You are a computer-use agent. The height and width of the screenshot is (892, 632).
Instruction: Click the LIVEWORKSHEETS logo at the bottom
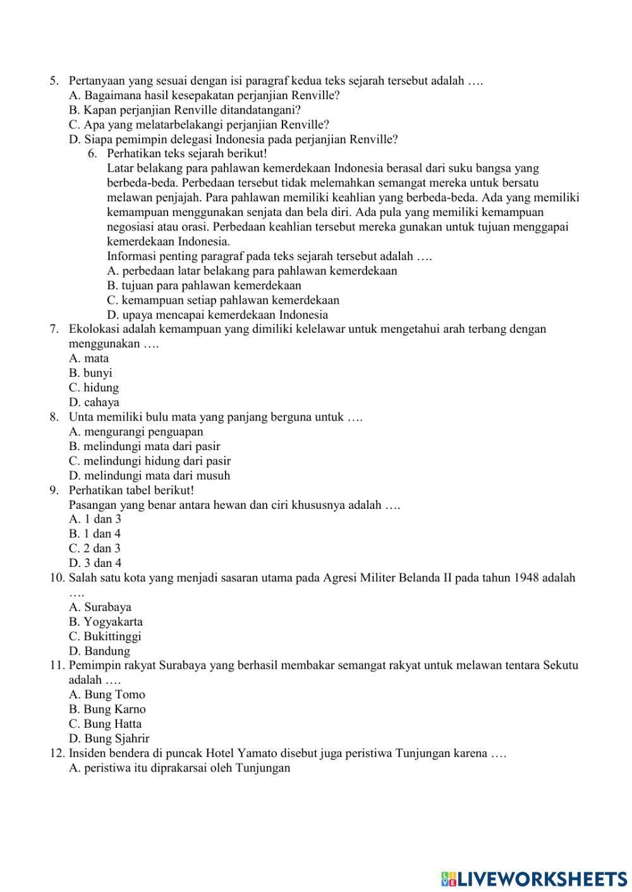[x=534, y=878]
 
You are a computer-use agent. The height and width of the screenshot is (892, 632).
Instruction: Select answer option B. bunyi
[x=90, y=373]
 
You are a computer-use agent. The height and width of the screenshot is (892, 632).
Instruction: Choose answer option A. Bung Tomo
[x=107, y=694]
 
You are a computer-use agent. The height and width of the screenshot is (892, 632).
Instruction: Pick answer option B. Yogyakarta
[x=106, y=622]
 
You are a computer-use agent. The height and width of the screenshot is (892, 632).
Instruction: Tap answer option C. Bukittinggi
[x=105, y=636]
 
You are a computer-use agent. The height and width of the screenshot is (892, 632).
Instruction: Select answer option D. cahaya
[x=94, y=402]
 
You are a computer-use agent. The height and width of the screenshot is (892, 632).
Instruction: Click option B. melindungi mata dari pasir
[x=144, y=446]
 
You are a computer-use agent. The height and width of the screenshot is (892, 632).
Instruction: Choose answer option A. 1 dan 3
[x=95, y=519]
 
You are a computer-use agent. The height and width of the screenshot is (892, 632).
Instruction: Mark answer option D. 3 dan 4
[x=95, y=563]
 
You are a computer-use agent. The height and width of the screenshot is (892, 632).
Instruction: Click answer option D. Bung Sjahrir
[x=109, y=739]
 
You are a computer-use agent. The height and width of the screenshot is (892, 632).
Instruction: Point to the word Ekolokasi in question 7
[x=94, y=329]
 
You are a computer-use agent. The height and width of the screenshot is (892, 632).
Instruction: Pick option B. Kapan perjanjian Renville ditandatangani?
[x=185, y=110]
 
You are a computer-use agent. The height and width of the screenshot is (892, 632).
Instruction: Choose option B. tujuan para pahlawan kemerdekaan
[x=204, y=285]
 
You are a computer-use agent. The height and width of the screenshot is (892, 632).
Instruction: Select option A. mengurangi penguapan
[x=136, y=432]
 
